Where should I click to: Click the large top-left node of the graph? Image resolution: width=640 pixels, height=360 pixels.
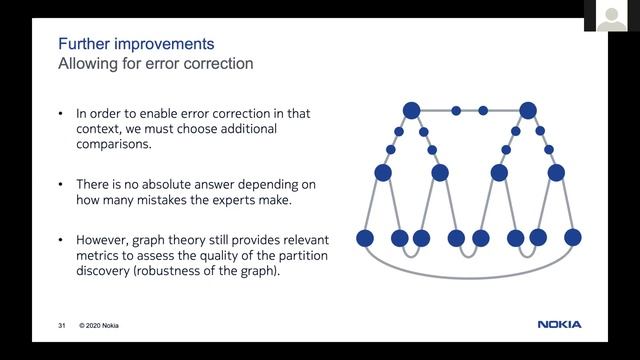(411, 110)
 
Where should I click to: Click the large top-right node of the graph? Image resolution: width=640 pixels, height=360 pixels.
(528, 110)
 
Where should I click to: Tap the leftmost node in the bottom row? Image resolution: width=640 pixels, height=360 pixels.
(365, 238)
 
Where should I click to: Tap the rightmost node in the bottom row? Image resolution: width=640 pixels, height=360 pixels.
(574, 238)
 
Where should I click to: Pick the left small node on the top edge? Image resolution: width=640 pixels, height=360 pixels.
(456, 110)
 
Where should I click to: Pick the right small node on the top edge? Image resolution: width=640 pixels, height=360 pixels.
(483, 110)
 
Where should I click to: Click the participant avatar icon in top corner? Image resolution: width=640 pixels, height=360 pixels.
(612, 17)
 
